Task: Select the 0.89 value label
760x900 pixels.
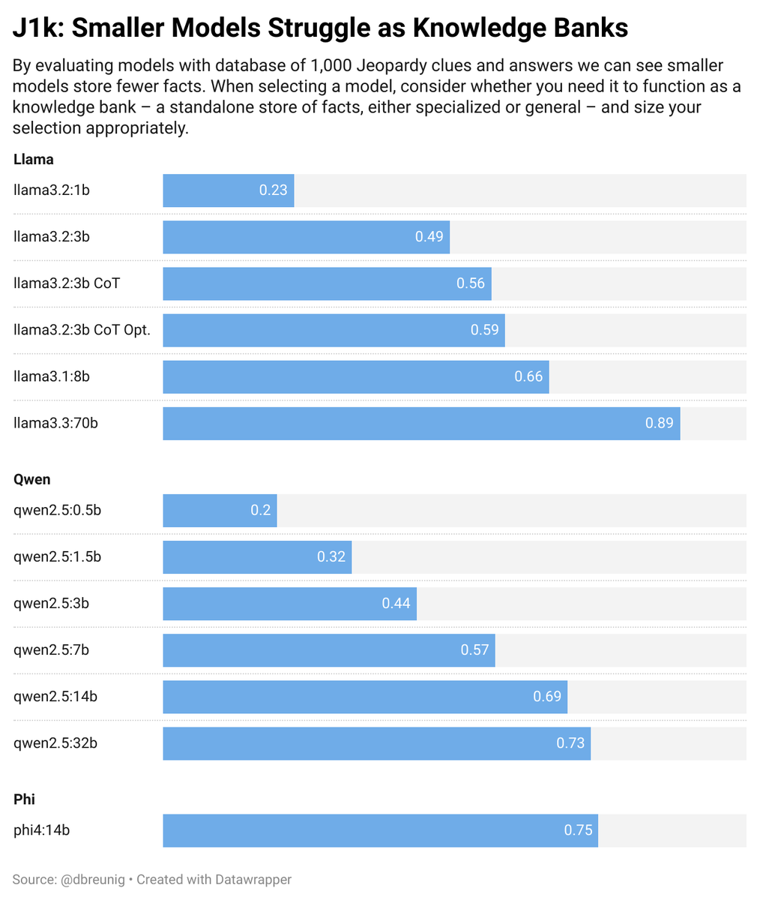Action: [659, 423]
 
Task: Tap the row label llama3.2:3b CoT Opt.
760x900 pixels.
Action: [82, 330]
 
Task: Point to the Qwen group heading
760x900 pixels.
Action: [32, 479]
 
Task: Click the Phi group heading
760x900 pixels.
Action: [24, 799]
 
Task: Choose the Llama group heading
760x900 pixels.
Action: [34, 159]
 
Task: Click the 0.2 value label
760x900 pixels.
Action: [261, 511]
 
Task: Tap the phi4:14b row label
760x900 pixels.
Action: [42, 830]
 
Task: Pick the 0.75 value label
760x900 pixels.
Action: [578, 830]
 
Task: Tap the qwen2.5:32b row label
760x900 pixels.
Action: [55, 744]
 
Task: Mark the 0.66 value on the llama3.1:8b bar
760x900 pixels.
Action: [528, 376]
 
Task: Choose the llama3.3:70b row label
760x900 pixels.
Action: [55, 423]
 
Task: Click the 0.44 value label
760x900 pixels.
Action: [396, 604]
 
